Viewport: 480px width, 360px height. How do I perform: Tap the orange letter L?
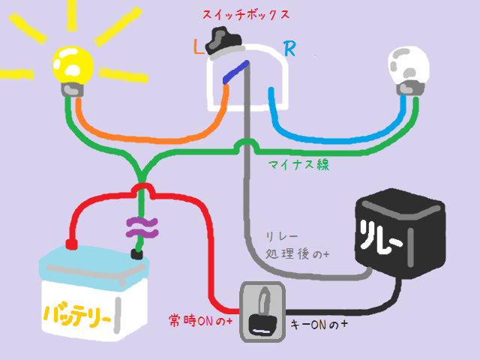pyautogui.click(x=198, y=49)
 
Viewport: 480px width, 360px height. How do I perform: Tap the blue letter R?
pyautogui.click(x=289, y=49)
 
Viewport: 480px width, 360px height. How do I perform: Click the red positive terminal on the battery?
pyautogui.click(x=71, y=244)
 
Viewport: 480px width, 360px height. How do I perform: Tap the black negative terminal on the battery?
pyautogui.click(x=136, y=254)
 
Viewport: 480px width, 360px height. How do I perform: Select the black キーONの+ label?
pyautogui.click(x=319, y=325)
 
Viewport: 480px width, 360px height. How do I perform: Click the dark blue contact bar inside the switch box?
pyautogui.click(x=235, y=73)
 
